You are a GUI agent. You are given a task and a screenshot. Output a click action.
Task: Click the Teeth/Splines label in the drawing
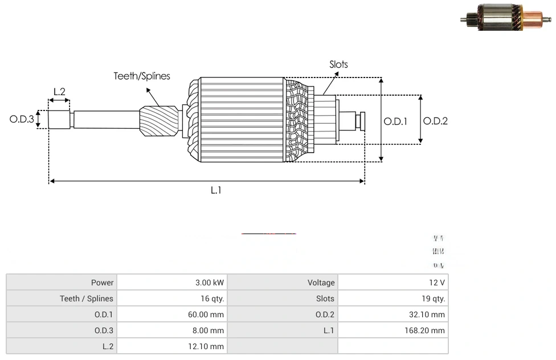tap(141, 76)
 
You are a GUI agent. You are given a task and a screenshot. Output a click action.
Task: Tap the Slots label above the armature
tap(338, 64)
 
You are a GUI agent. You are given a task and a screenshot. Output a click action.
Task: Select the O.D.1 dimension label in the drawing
tap(395, 121)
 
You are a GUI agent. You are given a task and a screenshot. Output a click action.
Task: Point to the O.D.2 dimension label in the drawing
tap(435, 121)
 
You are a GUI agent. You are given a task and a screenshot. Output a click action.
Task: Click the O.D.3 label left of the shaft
tap(22, 120)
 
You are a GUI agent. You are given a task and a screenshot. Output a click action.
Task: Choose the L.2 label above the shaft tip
tap(59, 92)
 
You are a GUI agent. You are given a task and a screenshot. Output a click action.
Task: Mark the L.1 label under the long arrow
tap(215, 191)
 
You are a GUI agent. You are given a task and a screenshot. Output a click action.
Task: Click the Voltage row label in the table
tap(321, 283)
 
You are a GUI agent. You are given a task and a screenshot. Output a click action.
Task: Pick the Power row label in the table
tap(102, 283)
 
